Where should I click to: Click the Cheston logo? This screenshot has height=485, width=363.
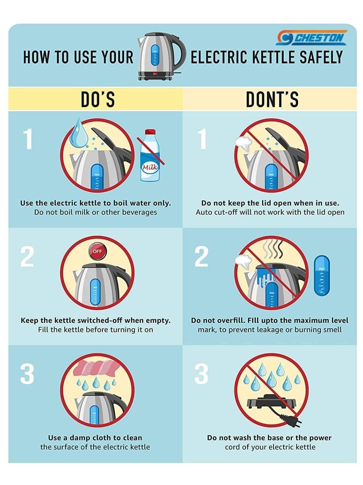pos(312,38)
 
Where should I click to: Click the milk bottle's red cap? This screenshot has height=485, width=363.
pos(150,132)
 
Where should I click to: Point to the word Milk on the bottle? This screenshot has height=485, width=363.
pos(150,167)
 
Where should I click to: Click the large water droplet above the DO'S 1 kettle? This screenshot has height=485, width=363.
pos(78,133)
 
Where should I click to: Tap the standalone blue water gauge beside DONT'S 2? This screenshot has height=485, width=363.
pos(322,275)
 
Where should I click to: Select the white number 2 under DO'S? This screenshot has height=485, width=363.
pos(27,257)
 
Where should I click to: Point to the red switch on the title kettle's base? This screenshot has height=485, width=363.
pos(155,74)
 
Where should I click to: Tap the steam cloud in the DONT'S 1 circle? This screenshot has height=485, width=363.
pos(243,142)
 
